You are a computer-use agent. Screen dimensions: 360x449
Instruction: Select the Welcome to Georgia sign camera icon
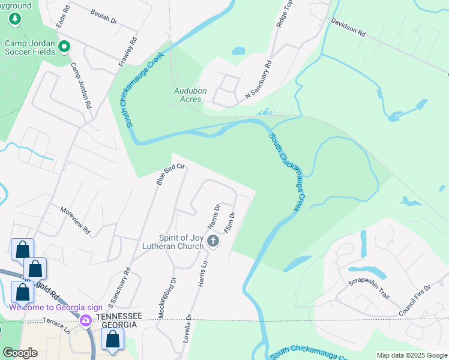(x=86, y=320)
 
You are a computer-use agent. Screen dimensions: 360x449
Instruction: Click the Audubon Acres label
(x=190, y=95)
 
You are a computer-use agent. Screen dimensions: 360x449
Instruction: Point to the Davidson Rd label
(x=348, y=28)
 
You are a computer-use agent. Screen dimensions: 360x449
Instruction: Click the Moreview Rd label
(x=75, y=221)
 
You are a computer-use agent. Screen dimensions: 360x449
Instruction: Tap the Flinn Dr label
(x=229, y=223)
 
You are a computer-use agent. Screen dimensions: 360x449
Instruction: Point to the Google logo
(x=20, y=353)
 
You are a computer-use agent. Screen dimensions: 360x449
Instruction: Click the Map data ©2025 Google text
(x=411, y=355)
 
